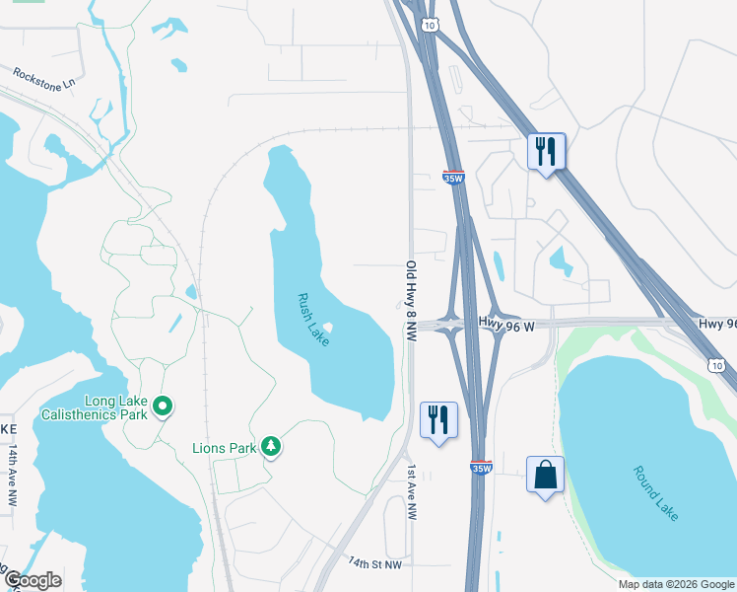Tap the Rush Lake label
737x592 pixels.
click(x=314, y=319)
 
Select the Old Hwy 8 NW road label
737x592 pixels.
click(x=410, y=301)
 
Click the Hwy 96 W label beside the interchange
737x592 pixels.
click(x=506, y=322)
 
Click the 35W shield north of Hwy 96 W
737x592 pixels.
click(x=452, y=179)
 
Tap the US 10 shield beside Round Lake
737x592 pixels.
click(x=717, y=366)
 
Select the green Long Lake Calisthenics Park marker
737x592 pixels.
click(x=165, y=406)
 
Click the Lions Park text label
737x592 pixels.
click(x=224, y=448)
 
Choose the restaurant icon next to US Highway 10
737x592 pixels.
click(x=545, y=150)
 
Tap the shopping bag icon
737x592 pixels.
click(x=545, y=476)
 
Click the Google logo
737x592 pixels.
click(x=33, y=580)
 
